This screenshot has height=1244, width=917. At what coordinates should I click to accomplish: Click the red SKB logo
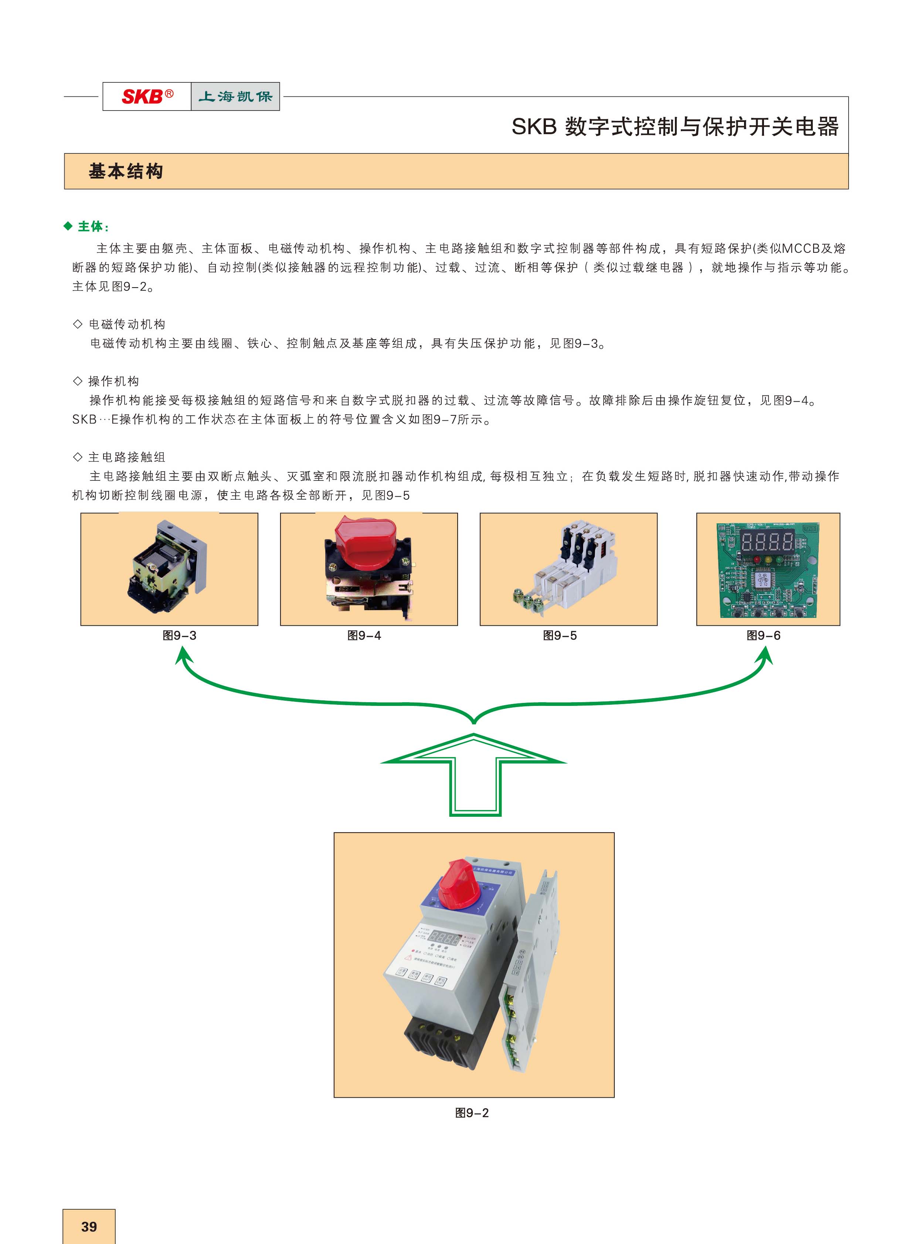(146, 96)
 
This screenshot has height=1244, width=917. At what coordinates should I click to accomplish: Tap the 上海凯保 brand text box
(235, 96)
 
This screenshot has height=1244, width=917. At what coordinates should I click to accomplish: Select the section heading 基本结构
(126, 171)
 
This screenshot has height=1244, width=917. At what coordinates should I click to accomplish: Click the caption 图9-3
(179, 636)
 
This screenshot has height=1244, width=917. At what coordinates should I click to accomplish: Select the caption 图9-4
(364, 636)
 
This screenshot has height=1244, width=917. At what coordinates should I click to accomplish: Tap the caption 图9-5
(560, 636)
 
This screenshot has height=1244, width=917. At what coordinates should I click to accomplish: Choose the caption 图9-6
(763, 636)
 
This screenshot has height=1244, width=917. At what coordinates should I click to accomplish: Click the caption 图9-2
(472, 1113)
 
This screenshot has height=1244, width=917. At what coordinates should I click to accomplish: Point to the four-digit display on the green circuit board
(768, 540)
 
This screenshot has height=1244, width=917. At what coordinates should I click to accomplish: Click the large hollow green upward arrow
(473, 774)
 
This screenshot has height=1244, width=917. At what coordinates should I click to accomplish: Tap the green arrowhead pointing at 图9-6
(765, 657)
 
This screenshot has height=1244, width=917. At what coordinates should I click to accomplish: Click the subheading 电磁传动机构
(127, 324)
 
